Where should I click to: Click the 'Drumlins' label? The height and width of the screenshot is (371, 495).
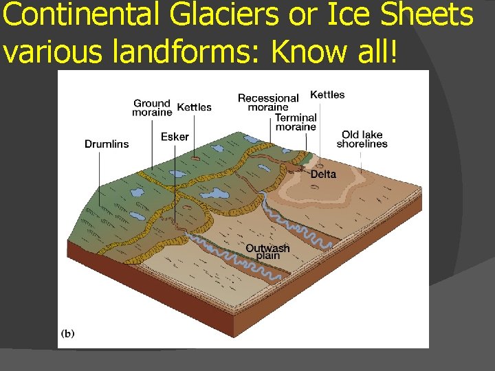click(107, 144)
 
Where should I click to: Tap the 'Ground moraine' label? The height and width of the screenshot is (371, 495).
click(152, 108)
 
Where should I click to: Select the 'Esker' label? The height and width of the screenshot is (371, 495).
click(175, 137)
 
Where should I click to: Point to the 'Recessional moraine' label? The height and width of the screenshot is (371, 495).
click(268, 102)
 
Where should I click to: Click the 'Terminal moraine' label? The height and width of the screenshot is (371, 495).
click(296, 122)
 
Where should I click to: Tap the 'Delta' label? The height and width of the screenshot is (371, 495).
click(323, 174)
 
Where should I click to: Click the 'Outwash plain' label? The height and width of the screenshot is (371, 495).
click(267, 251)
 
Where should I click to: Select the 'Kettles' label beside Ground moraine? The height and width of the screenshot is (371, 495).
click(195, 107)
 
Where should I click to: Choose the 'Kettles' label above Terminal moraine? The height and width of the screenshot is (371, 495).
click(327, 95)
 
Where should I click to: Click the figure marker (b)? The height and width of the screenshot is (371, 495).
click(69, 334)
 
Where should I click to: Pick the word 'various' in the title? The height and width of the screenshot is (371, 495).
click(47, 52)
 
